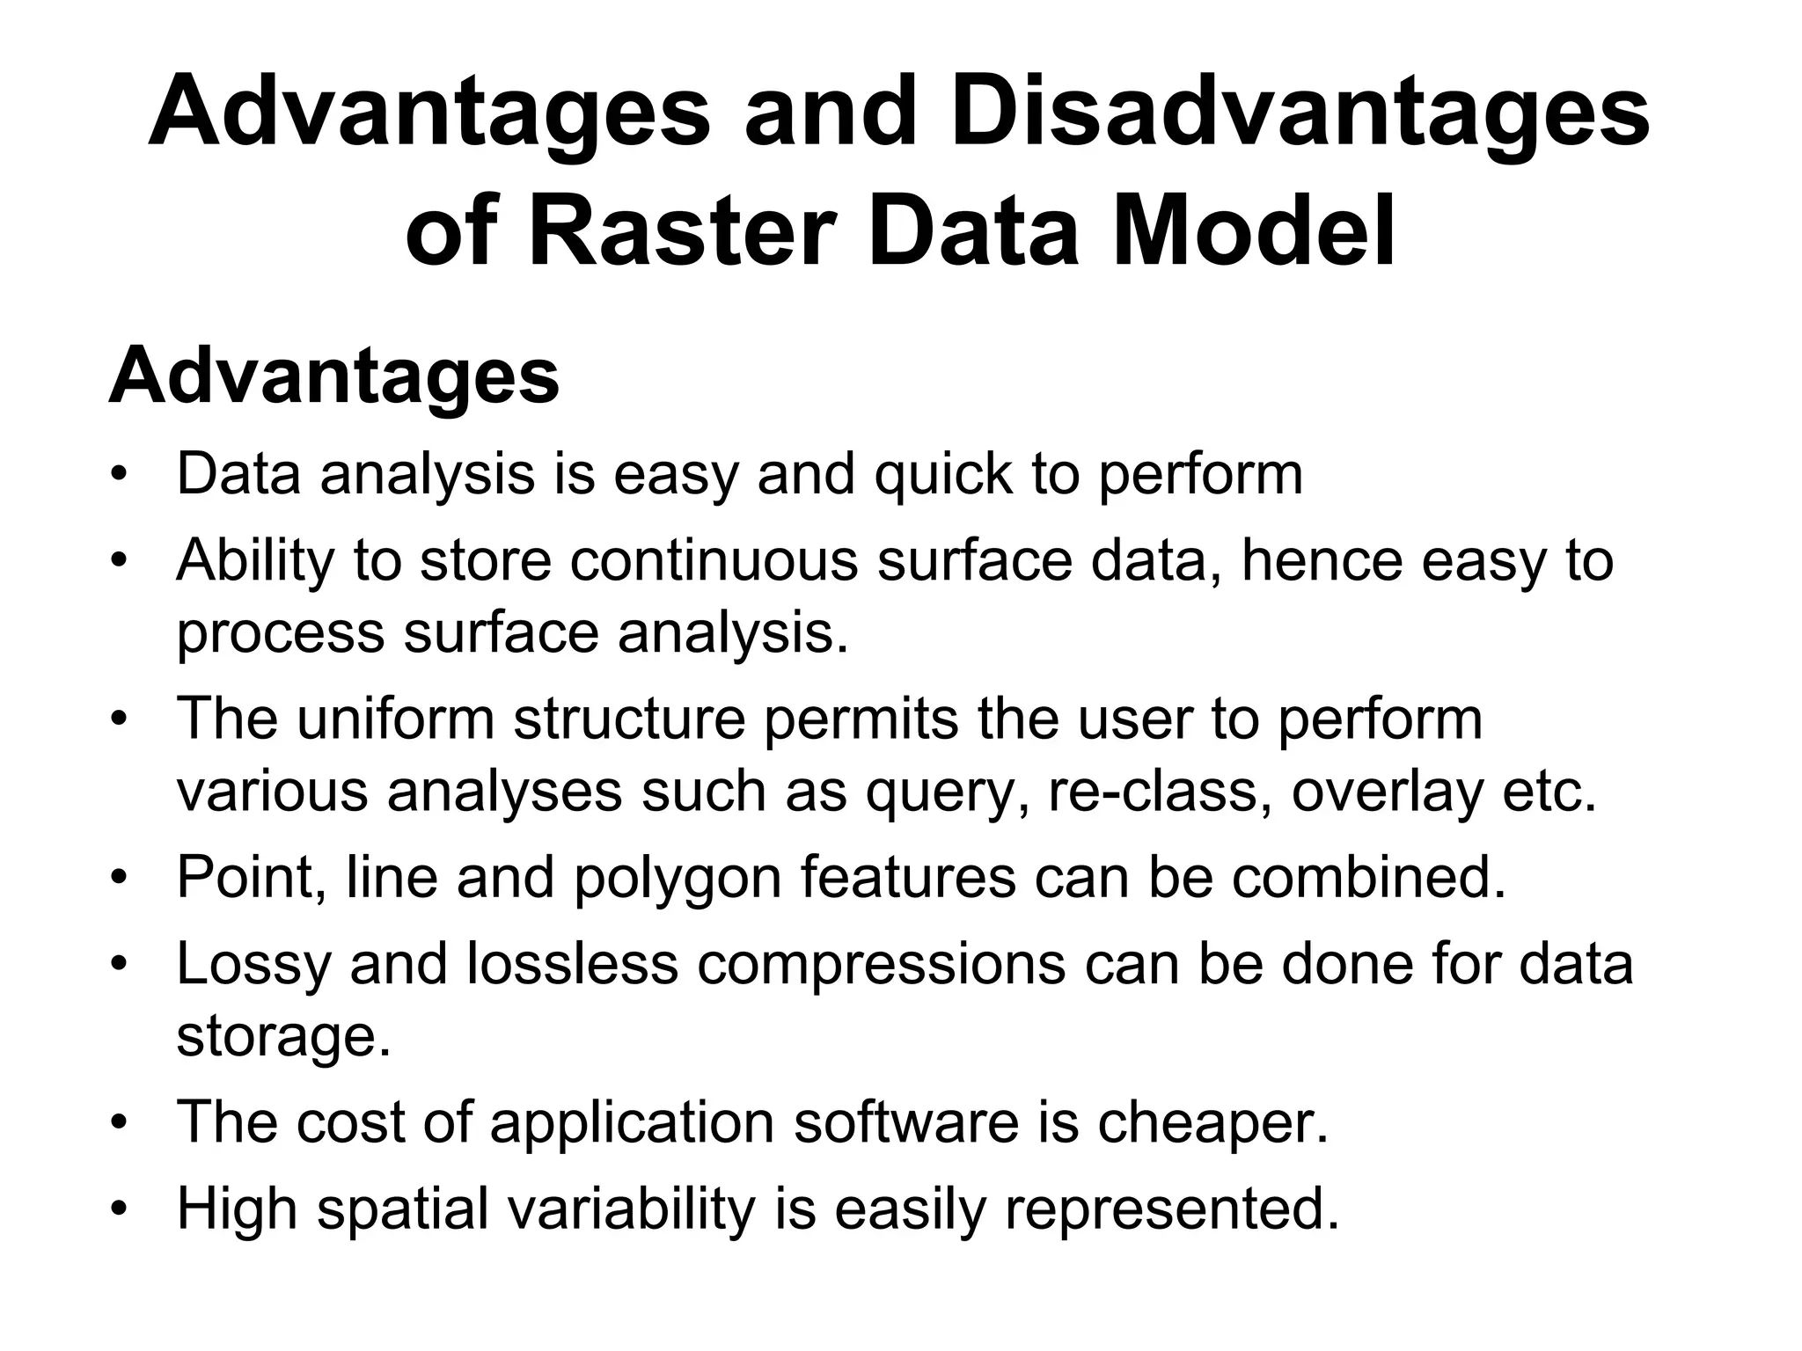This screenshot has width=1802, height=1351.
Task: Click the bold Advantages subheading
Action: [333, 376]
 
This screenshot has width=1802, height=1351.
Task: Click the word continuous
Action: [714, 560]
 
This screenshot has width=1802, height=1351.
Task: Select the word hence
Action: [1322, 560]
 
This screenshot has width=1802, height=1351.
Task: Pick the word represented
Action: [1171, 1210]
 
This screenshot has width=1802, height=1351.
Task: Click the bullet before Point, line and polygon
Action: [120, 877]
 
